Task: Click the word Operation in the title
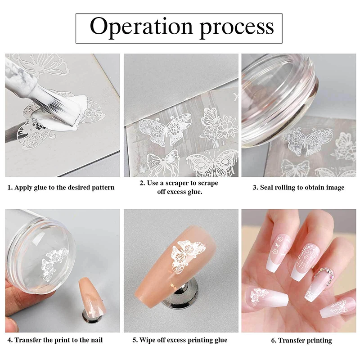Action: click(x=141, y=27)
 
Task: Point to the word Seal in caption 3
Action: click(x=266, y=187)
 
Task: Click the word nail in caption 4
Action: click(x=97, y=340)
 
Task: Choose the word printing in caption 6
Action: click(x=319, y=341)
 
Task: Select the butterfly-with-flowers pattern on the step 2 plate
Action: click(x=219, y=125)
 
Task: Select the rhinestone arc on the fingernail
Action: click(x=324, y=275)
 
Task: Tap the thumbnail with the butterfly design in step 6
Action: click(x=266, y=298)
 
